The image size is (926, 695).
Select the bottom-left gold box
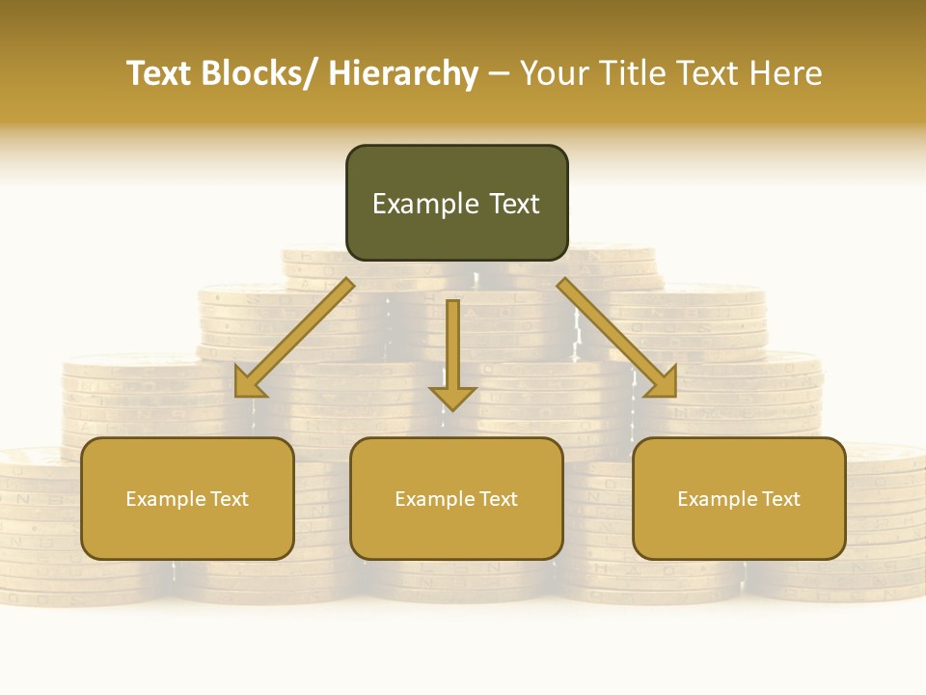pos(187,498)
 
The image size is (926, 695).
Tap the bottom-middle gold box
pos(456,498)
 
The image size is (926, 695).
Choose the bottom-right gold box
pos(739,498)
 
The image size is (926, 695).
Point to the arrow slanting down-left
pos(294,338)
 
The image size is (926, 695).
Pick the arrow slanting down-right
pos(617,338)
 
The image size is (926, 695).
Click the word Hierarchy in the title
pos(403,74)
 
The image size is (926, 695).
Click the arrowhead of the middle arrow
pos(452,396)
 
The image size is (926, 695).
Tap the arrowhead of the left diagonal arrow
pos(250,383)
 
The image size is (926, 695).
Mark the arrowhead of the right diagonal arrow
pos(662,383)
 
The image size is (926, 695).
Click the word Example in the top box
pos(425,204)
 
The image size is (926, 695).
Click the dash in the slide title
pos(499,74)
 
